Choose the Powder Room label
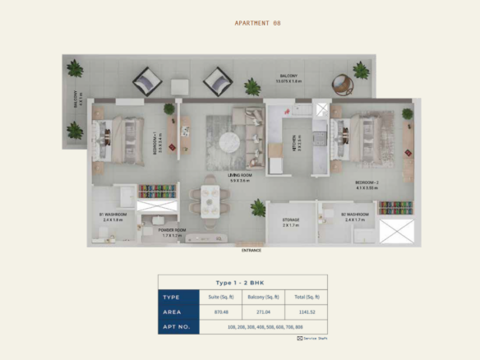coord(172,232)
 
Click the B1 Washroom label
coord(112,218)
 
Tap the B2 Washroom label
coord(355,215)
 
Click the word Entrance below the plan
coord(252,249)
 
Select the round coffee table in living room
coord(233,142)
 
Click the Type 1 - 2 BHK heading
coord(242,281)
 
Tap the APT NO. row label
coord(178,327)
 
